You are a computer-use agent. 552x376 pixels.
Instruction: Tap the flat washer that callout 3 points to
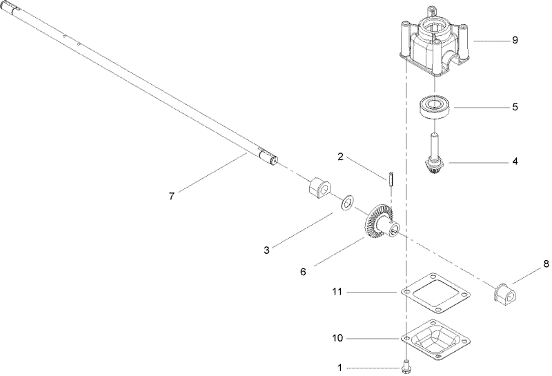coord(346,203)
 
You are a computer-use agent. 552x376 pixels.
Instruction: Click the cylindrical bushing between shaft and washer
coord(319,188)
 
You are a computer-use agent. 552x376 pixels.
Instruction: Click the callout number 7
coord(172,196)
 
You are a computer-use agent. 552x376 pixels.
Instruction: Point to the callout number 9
coord(515,41)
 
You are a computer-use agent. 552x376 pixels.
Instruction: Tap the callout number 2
coord(340,157)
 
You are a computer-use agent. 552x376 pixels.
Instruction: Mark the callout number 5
coord(515,107)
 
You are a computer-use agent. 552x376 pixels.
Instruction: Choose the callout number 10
coord(337,339)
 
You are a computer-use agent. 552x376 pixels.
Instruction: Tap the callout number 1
coord(340,368)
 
